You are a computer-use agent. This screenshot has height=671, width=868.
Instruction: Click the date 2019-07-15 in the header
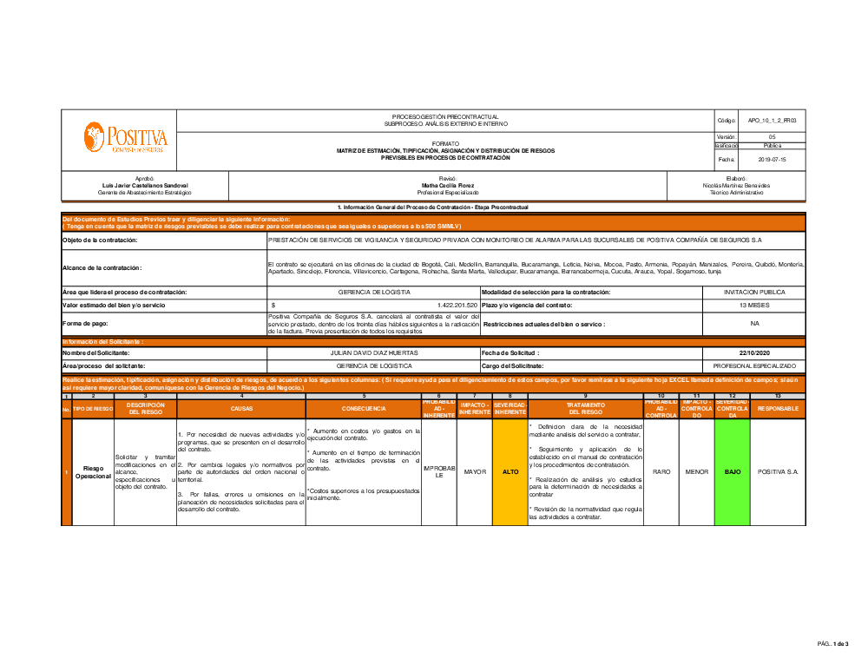(x=772, y=160)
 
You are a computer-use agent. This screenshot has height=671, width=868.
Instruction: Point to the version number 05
(x=772, y=137)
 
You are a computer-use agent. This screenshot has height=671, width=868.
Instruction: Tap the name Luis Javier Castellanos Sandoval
(x=144, y=185)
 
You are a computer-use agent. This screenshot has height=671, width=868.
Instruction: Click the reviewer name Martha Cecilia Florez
(x=448, y=185)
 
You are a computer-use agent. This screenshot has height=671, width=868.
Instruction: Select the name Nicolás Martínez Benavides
(x=736, y=185)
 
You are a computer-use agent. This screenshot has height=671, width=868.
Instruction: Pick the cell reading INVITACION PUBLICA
(x=753, y=293)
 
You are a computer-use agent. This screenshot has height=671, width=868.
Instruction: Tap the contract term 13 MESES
(x=753, y=306)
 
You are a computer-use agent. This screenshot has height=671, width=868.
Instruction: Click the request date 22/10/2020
(x=753, y=353)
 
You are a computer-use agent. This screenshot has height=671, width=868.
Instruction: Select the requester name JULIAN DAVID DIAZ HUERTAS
(x=374, y=353)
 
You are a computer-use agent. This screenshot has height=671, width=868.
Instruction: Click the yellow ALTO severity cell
(x=510, y=471)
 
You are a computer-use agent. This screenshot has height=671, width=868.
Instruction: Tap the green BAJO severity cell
(x=733, y=471)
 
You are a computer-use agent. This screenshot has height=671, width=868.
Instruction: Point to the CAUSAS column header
(x=241, y=408)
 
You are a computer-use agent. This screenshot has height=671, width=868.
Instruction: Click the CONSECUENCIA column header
(x=364, y=408)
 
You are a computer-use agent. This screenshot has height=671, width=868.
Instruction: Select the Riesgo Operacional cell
(x=92, y=471)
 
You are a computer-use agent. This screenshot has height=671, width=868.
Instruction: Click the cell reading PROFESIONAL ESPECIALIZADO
(x=753, y=366)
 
